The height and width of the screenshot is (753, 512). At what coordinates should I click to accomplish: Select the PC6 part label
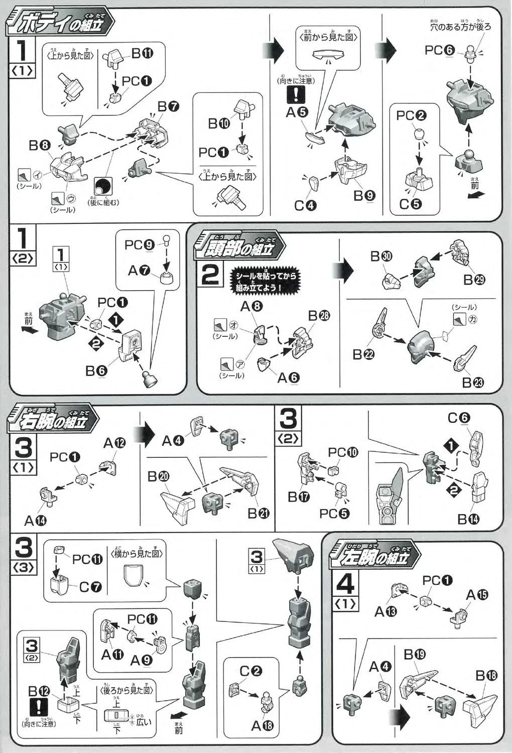coord(440,50)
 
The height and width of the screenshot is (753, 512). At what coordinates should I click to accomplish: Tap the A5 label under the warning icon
coord(296,112)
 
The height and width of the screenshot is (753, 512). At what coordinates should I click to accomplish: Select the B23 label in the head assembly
coord(473,383)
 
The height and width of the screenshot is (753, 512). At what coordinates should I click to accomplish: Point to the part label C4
coord(305,205)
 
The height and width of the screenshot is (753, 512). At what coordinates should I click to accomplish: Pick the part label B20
coord(158,477)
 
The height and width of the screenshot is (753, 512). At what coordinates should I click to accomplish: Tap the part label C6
coord(458,418)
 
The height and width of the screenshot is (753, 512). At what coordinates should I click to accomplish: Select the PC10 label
coord(343,452)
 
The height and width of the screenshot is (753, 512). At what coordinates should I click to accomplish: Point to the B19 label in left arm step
coord(415,655)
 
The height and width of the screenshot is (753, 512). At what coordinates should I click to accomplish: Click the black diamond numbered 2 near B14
coord(453,490)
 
